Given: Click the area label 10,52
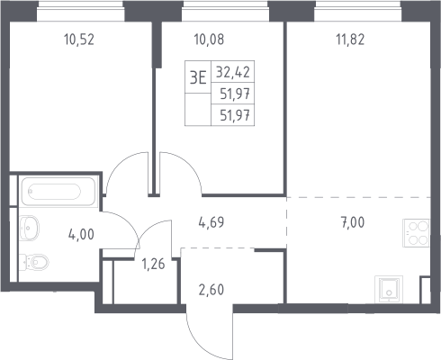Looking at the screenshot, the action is [x=79, y=40].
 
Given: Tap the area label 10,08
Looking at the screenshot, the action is [x=209, y=40].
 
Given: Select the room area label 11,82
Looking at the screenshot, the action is [x=350, y=40].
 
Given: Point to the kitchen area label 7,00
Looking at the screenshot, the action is [x=353, y=222].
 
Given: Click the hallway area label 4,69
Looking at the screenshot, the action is [x=211, y=222].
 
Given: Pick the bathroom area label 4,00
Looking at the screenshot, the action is [x=81, y=234].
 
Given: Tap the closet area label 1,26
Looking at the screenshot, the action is [x=153, y=264].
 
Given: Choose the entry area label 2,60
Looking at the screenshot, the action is [x=211, y=290].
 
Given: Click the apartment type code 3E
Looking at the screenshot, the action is [x=198, y=78].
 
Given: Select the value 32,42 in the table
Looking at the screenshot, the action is [x=233, y=72].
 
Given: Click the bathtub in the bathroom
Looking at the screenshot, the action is [x=58, y=192].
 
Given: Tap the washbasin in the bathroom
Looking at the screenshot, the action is [x=29, y=228].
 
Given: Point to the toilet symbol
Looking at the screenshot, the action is [x=34, y=262].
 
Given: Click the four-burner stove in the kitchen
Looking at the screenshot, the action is [x=416, y=233].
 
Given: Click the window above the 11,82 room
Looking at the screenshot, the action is [x=357, y=11].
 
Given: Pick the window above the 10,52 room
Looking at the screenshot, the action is [x=81, y=11].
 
